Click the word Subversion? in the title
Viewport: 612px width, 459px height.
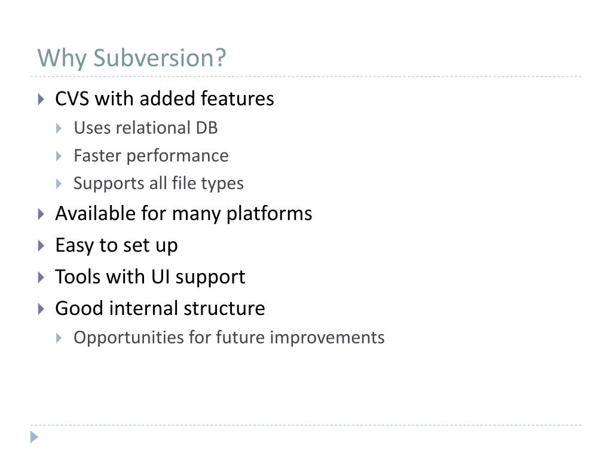click(x=160, y=59)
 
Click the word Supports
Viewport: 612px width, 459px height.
click(x=99, y=183)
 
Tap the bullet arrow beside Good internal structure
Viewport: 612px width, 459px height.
click(x=41, y=309)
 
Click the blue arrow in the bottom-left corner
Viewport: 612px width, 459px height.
click(x=34, y=437)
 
